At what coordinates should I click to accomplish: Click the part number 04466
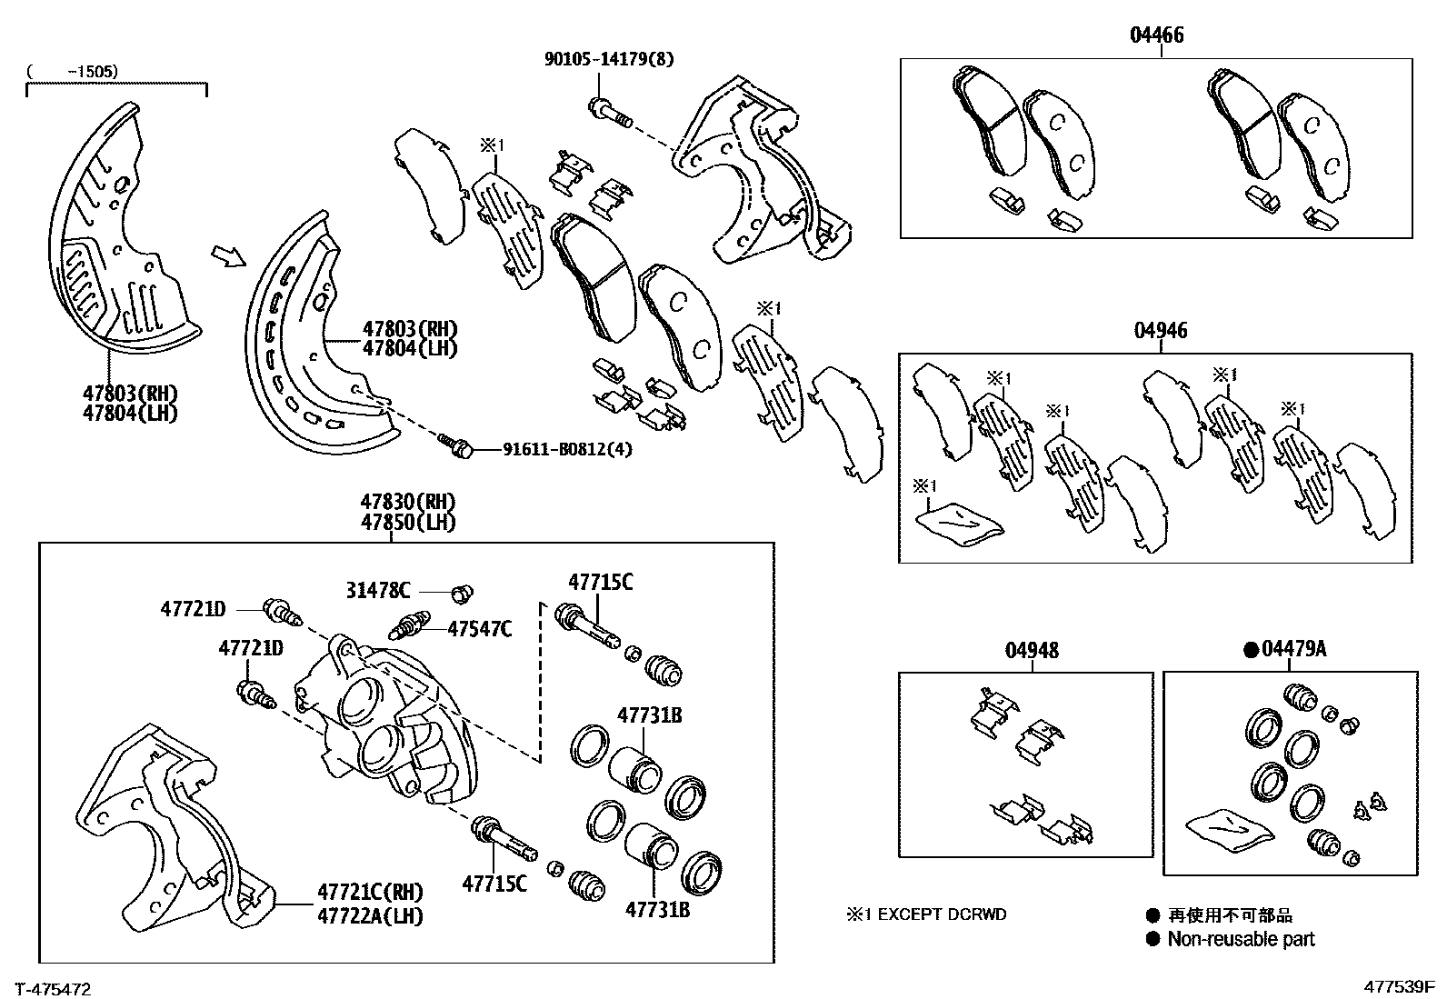point(1156,35)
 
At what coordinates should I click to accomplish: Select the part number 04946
point(1160,331)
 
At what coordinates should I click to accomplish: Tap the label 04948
point(1032,651)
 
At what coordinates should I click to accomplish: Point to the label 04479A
point(1293,649)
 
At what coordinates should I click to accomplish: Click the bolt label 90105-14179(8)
point(610,60)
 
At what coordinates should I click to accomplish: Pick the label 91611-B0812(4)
point(567,449)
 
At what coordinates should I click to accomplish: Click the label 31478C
point(378,591)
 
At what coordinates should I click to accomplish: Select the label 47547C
point(480,628)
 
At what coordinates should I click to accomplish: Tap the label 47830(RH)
point(407,502)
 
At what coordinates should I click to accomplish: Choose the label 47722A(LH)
point(370,916)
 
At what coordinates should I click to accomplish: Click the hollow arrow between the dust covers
point(228,256)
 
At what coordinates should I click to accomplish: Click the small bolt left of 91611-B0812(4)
point(457,445)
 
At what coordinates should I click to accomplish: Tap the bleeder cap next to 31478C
point(464,593)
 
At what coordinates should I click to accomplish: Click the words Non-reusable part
point(1241,939)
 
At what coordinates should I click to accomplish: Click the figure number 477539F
point(1397,987)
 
